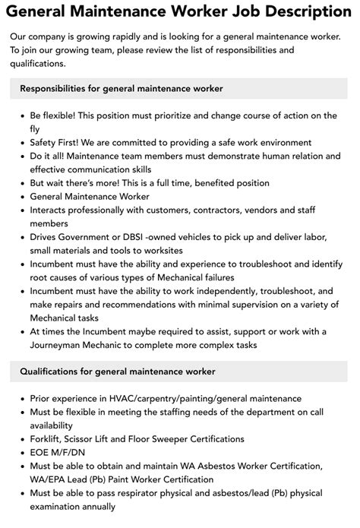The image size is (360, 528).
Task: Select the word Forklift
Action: click(47, 439)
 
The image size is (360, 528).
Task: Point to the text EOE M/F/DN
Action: click(59, 452)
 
